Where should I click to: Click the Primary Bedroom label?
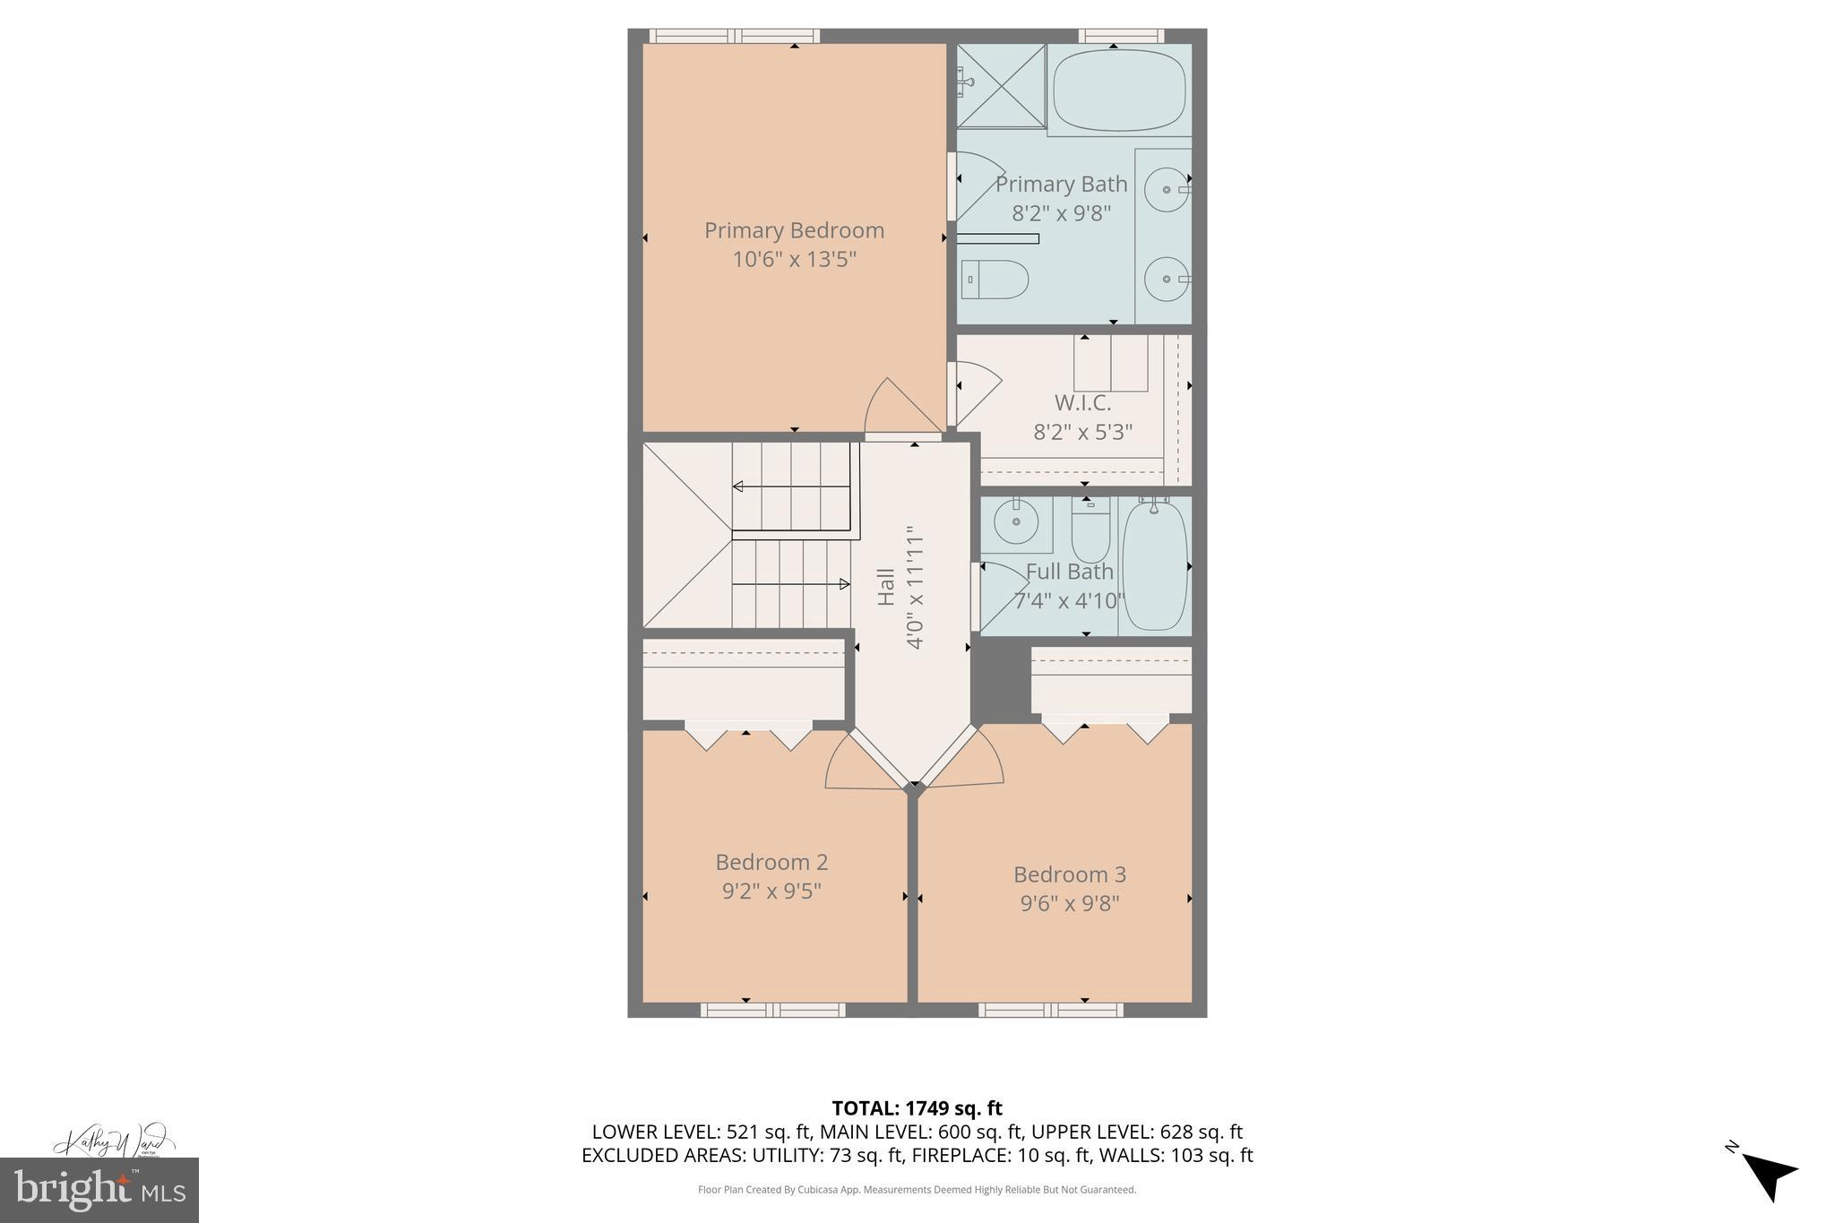(794, 230)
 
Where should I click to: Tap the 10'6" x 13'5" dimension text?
(794, 260)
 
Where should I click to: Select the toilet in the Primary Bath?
(995, 280)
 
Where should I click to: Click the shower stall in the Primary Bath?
(1001, 86)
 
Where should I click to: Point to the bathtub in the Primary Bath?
(1118, 91)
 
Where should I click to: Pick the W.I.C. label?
(1082, 403)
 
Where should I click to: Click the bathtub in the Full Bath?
(1154, 565)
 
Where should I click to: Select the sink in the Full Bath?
(1016, 521)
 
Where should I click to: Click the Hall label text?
(885, 587)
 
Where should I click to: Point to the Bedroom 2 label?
(771, 862)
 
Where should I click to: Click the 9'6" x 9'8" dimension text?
(1069, 903)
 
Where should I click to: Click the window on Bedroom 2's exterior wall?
(772, 1010)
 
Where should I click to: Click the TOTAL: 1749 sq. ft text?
(917, 1108)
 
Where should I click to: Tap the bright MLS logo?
(99, 1189)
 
